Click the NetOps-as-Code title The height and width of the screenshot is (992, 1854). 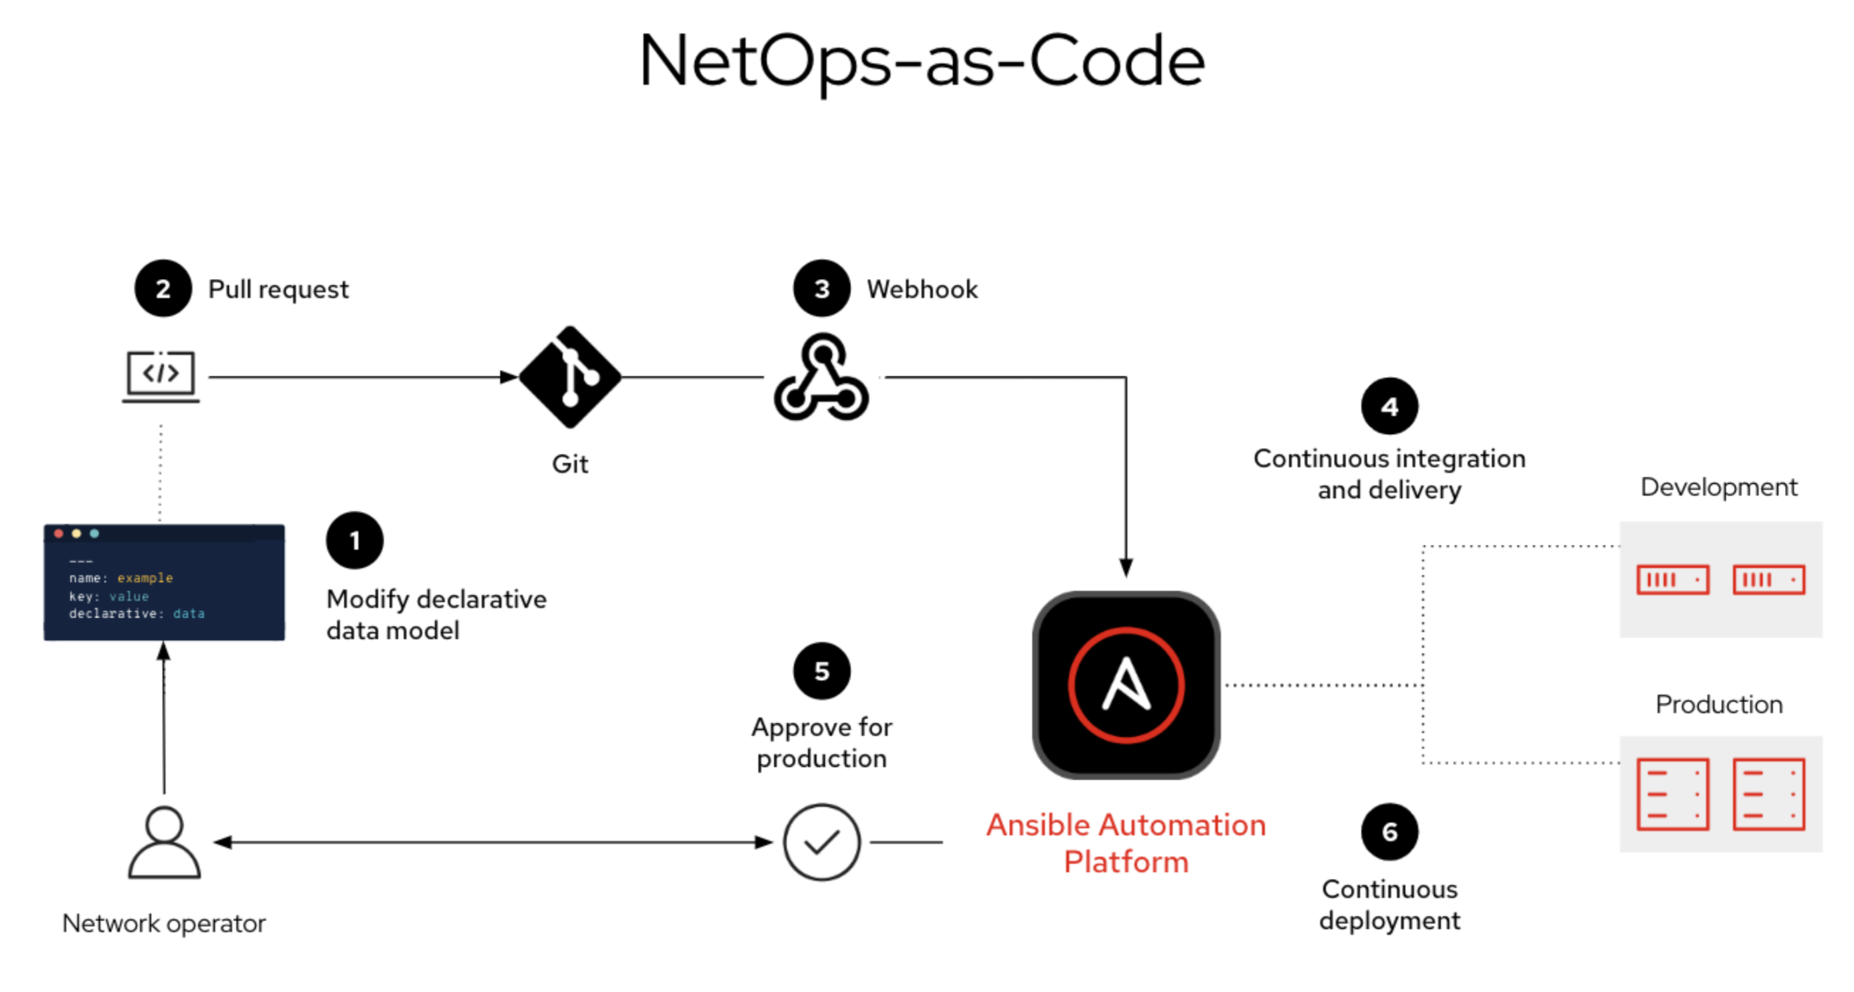(921, 62)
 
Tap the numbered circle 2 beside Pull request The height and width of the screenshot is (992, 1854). (163, 289)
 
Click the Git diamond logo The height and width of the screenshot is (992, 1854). (570, 377)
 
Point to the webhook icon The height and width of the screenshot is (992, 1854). (821, 377)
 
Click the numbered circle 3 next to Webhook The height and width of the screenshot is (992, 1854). (821, 289)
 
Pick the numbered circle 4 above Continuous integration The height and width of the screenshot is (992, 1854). (1389, 407)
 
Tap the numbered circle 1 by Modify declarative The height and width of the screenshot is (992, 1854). (354, 541)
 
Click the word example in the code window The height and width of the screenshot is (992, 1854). (145, 578)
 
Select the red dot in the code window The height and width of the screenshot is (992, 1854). (59, 533)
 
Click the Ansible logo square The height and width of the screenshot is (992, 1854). (1126, 685)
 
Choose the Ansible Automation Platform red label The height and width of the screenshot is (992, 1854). (1126, 843)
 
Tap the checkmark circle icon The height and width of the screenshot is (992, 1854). (821, 842)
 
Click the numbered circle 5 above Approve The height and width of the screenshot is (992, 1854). (821, 671)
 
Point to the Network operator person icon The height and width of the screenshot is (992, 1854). (164, 842)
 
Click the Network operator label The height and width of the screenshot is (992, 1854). (164, 924)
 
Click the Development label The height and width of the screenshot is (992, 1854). (1718, 488)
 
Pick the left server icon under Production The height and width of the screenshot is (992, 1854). (1673, 794)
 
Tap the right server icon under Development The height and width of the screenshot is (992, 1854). (1768, 579)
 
